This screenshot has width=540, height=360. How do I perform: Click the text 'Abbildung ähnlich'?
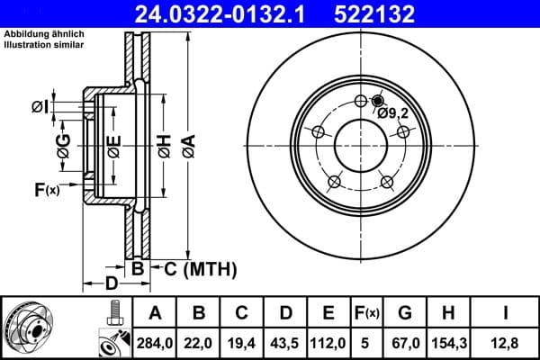(x=45, y=33)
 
